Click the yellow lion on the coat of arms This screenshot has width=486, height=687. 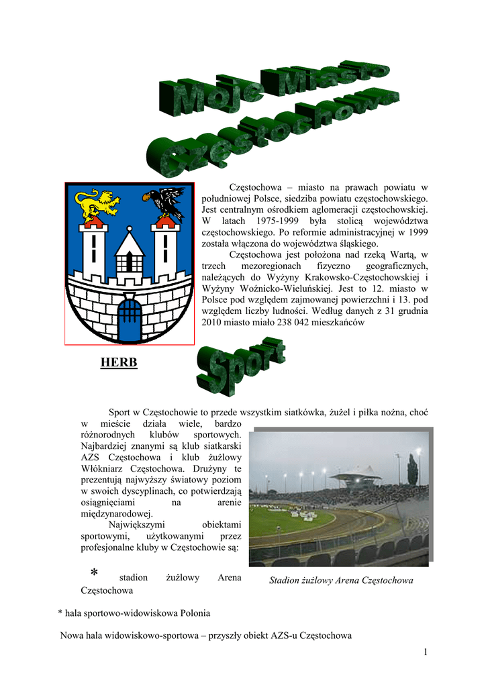pyautogui.click(x=97, y=205)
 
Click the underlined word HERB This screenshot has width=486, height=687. pyautogui.click(x=119, y=363)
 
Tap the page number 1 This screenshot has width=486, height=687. pyautogui.click(x=426, y=652)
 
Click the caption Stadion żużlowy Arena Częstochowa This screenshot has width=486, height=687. pyautogui.click(x=341, y=580)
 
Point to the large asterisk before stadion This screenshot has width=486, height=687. pyautogui.click(x=94, y=573)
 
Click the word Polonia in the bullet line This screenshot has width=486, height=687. pyautogui.click(x=193, y=613)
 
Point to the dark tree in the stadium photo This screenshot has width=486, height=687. pyautogui.click(x=412, y=470)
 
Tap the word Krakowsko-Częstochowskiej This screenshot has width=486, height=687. pyautogui.click(x=362, y=277)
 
